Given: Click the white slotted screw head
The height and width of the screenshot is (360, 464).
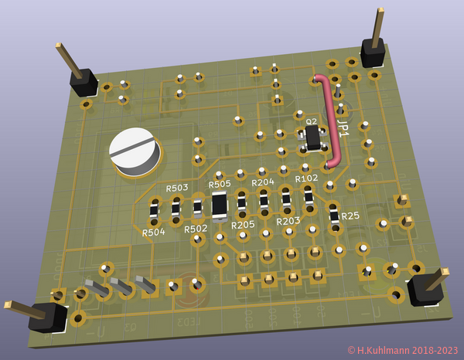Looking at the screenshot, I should pyautogui.click(x=134, y=150).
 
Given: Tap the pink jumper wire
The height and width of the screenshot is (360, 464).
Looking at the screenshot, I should pyautogui.click(x=332, y=124).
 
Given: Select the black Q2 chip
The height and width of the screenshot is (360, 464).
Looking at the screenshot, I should pyautogui.click(x=313, y=138).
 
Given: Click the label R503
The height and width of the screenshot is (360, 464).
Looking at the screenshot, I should pyautogui.click(x=177, y=188).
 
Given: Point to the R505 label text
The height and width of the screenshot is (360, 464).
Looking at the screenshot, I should pyautogui.click(x=220, y=184).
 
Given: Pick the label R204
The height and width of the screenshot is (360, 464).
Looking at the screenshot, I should pyautogui.click(x=263, y=182).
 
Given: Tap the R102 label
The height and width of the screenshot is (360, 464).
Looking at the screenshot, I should pyautogui.click(x=306, y=178).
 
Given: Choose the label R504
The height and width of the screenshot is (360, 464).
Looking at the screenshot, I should pyautogui.click(x=153, y=232).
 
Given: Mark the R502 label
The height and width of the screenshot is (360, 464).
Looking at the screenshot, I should pyautogui.click(x=195, y=229).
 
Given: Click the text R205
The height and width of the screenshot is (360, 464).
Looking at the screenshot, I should pyautogui.click(x=243, y=225).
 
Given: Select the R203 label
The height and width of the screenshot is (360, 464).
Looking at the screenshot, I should pyautogui.click(x=288, y=221).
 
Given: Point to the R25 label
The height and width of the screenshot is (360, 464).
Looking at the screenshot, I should pyautogui.click(x=350, y=216).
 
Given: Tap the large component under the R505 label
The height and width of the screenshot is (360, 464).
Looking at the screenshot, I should pyautogui.click(x=220, y=204).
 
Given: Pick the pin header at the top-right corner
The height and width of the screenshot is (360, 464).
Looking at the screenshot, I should pyautogui.click(x=374, y=53).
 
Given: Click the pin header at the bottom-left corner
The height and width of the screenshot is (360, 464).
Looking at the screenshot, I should pyautogui.click(x=48, y=318).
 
